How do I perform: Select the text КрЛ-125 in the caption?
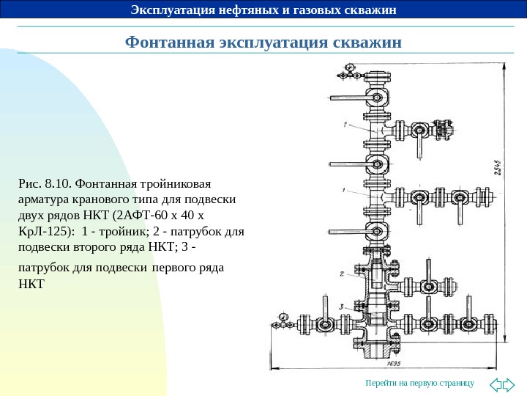click(42, 231)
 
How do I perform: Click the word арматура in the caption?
click(43, 199)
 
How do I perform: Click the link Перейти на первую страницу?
click(419, 384)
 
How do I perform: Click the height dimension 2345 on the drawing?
click(497, 174)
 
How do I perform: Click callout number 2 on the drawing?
click(341, 274)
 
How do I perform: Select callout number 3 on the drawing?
click(342, 304)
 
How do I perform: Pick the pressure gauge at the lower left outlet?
click(283, 318)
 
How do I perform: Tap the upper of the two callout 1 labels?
click(342, 125)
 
